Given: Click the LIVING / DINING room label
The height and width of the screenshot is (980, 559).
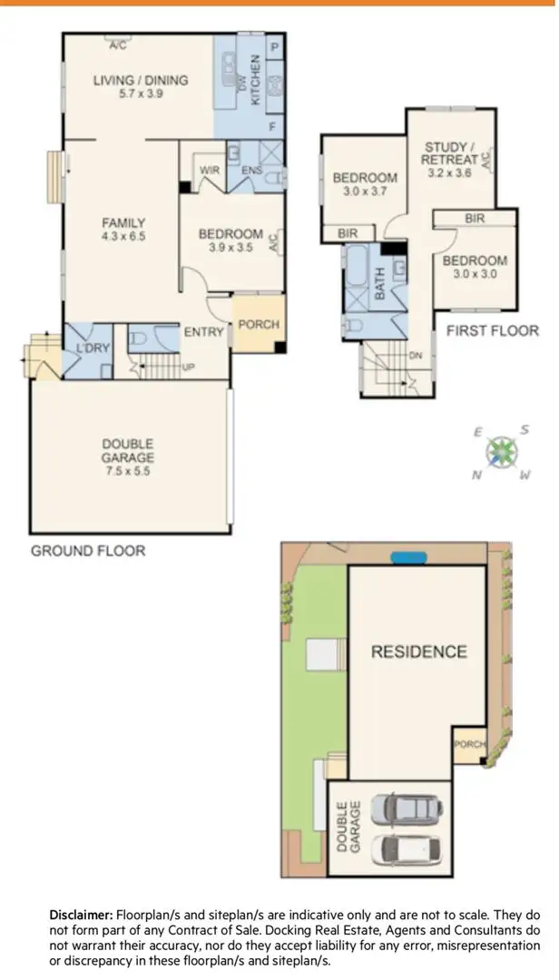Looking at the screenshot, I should click(x=141, y=80).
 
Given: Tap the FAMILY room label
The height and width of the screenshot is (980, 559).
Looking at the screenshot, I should click(x=124, y=222).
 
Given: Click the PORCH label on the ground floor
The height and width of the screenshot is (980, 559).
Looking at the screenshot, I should click(x=258, y=324).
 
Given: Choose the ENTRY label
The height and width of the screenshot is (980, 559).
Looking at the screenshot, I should click(x=203, y=332).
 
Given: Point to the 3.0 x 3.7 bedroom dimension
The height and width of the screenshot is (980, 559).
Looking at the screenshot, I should click(x=364, y=191).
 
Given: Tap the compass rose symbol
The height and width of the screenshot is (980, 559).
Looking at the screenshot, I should click(x=500, y=451).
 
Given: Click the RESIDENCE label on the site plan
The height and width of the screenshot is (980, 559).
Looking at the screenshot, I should click(x=418, y=652).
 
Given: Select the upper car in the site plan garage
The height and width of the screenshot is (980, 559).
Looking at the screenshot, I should click(x=411, y=808).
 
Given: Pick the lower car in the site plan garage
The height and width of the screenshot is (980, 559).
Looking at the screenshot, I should click(x=411, y=848).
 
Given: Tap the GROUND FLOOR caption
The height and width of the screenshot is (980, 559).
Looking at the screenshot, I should click(x=88, y=551).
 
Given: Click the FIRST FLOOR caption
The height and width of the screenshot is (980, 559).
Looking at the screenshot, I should click(x=492, y=330).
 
